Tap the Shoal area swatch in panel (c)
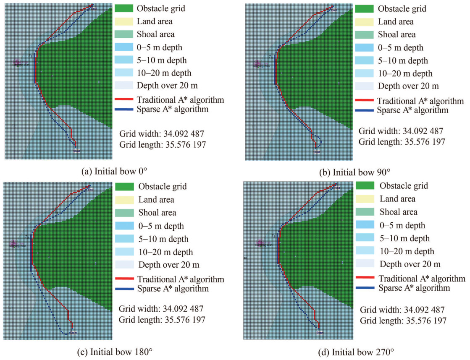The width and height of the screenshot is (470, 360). pos(125,213)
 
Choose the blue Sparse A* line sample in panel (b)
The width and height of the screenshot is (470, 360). pos(364,111)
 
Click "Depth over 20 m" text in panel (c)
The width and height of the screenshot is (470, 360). pos(169,265)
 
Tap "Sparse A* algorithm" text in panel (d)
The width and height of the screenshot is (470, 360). pos(414,288)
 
